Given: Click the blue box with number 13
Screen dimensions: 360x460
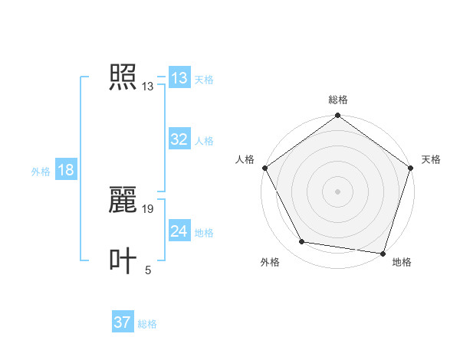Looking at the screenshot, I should pos(179,78).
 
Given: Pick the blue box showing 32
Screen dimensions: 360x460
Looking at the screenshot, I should pos(179,139).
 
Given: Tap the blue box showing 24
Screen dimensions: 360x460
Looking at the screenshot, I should pos(179,231).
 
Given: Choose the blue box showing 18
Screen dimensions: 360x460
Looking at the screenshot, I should pos(66,170).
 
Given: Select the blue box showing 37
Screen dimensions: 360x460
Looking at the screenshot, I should pos(123,322).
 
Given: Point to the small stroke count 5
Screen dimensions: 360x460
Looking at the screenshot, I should pos(148,270).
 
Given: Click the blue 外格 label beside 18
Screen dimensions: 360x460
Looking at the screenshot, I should pos(41,172).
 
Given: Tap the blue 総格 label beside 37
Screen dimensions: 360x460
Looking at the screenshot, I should pos(147,324).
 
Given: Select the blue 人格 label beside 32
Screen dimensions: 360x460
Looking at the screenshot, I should pos(204,141).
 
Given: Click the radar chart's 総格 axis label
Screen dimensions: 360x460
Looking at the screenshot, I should pos(338,100).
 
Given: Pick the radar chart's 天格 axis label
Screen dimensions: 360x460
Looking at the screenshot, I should pos(432,159).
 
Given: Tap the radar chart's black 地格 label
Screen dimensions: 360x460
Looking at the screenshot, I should pos(402,262).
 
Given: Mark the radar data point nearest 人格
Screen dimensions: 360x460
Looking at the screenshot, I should pos(265,168).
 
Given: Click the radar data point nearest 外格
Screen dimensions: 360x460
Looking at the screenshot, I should pos(302,242).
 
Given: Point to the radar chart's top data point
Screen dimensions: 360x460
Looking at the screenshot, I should pos(338,117).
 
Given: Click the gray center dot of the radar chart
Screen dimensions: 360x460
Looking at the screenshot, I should pos(338,191).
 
